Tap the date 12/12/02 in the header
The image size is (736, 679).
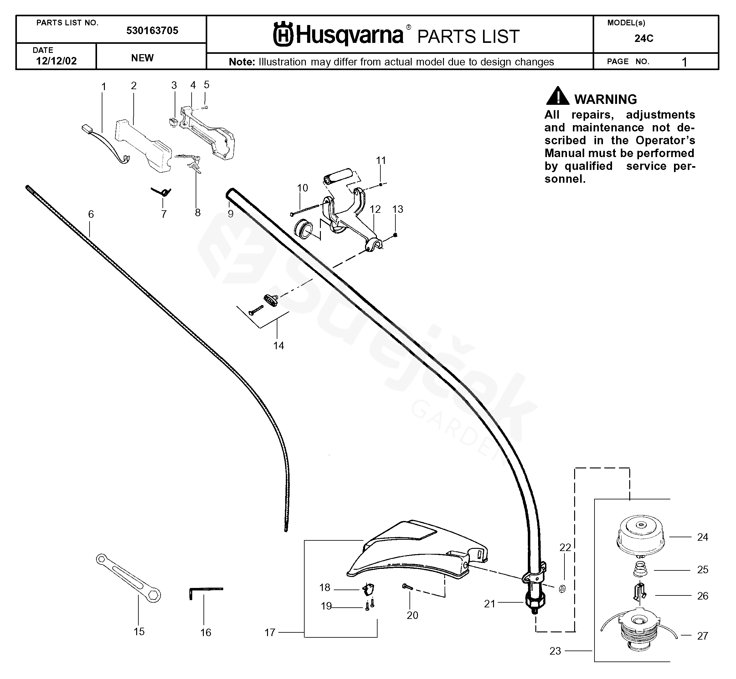[56, 61]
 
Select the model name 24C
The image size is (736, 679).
[644, 38]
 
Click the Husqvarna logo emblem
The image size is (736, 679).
[283, 34]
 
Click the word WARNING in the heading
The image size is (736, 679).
[605, 100]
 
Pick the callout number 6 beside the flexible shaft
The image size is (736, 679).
[91, 214]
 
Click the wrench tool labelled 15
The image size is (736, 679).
[128, 578]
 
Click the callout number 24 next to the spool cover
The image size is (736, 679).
[702, 537]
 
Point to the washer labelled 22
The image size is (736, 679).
[562, 589]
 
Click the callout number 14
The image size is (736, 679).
[278, 346]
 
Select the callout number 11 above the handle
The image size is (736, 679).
[381, 161]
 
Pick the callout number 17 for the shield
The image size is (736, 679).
[270, 632]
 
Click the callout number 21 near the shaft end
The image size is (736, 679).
[489, 604]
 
